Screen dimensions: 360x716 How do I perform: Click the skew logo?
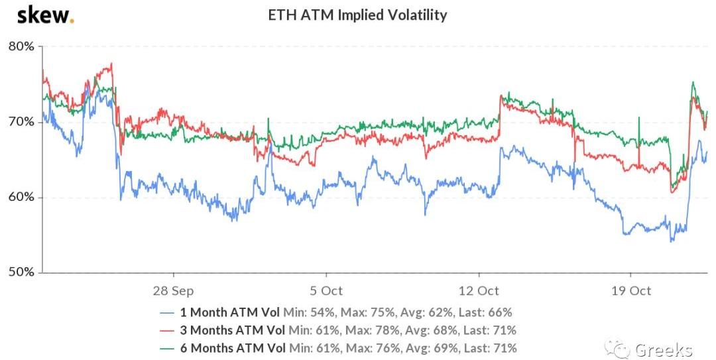point(45,15)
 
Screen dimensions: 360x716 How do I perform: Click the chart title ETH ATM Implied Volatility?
point(357,15)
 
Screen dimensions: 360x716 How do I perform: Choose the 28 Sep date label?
point(173,291)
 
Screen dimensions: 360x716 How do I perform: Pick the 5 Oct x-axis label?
point(326,291)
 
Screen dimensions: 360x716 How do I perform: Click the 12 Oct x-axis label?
point(479,291)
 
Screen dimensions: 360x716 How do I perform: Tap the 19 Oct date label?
point(630,291)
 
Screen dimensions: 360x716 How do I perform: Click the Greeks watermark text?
point(664,349)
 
